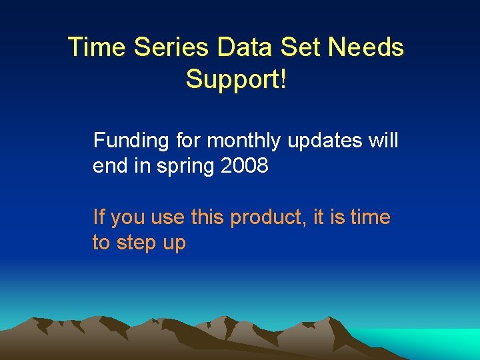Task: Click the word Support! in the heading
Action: pyautogui.click(x=236, y=79)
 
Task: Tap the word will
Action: pyautogui.click(x=385, y=141)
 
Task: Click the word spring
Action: pyautogui.click(x=183, y=166)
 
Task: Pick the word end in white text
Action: pyautogui.click(x=110, y=166)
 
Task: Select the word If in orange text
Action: pyautogui.click(x=99, y=217)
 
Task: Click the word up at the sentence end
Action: pyautogui.click(x=174, y=243)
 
